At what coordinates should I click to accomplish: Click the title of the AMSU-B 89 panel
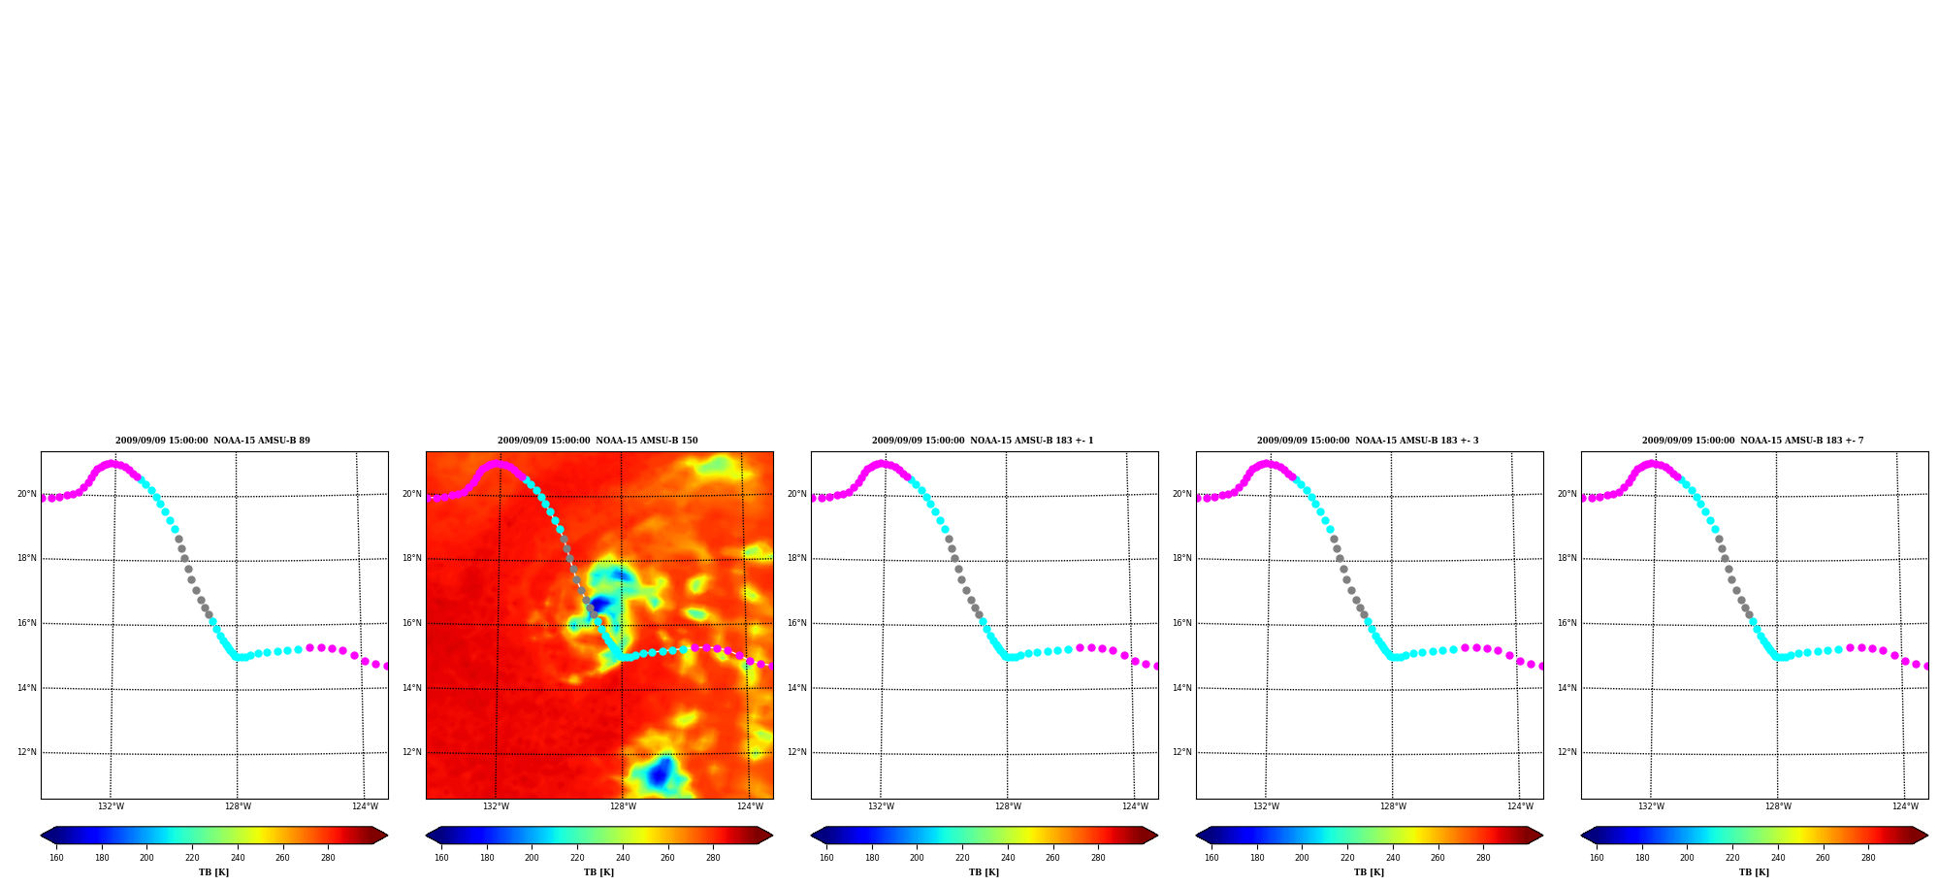[212, 441]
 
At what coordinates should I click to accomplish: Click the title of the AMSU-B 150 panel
[598, 441]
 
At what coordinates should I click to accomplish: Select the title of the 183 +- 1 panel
[983, 441]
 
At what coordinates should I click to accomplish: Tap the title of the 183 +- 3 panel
[1368, 441]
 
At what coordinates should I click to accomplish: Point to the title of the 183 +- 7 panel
[1753, 441]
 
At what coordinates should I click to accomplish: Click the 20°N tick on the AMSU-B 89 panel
[27, 494]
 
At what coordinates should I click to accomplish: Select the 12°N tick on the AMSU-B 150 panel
[412, 752]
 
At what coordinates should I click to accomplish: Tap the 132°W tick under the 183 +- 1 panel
[881, 806]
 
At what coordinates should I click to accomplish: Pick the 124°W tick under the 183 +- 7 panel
[1905, 806]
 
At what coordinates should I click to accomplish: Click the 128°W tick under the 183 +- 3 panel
[1393, 806]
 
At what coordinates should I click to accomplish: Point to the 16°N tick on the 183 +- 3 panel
[1182, 623]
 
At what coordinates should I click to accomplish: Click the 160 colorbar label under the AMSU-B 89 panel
[56, 858]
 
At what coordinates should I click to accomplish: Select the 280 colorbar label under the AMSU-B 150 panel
[713, 858]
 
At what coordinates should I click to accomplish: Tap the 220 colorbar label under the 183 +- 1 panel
[962, 858]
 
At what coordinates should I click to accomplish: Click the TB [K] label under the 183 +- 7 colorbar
[1754, 872]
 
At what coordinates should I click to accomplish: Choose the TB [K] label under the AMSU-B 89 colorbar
[214, 872]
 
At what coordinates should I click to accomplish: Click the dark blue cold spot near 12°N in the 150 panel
[660, 773]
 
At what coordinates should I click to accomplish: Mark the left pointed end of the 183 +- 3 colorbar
[1196, 836]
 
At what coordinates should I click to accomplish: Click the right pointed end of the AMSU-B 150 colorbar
[773, 836]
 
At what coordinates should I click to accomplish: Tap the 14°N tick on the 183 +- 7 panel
[1567, 688]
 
